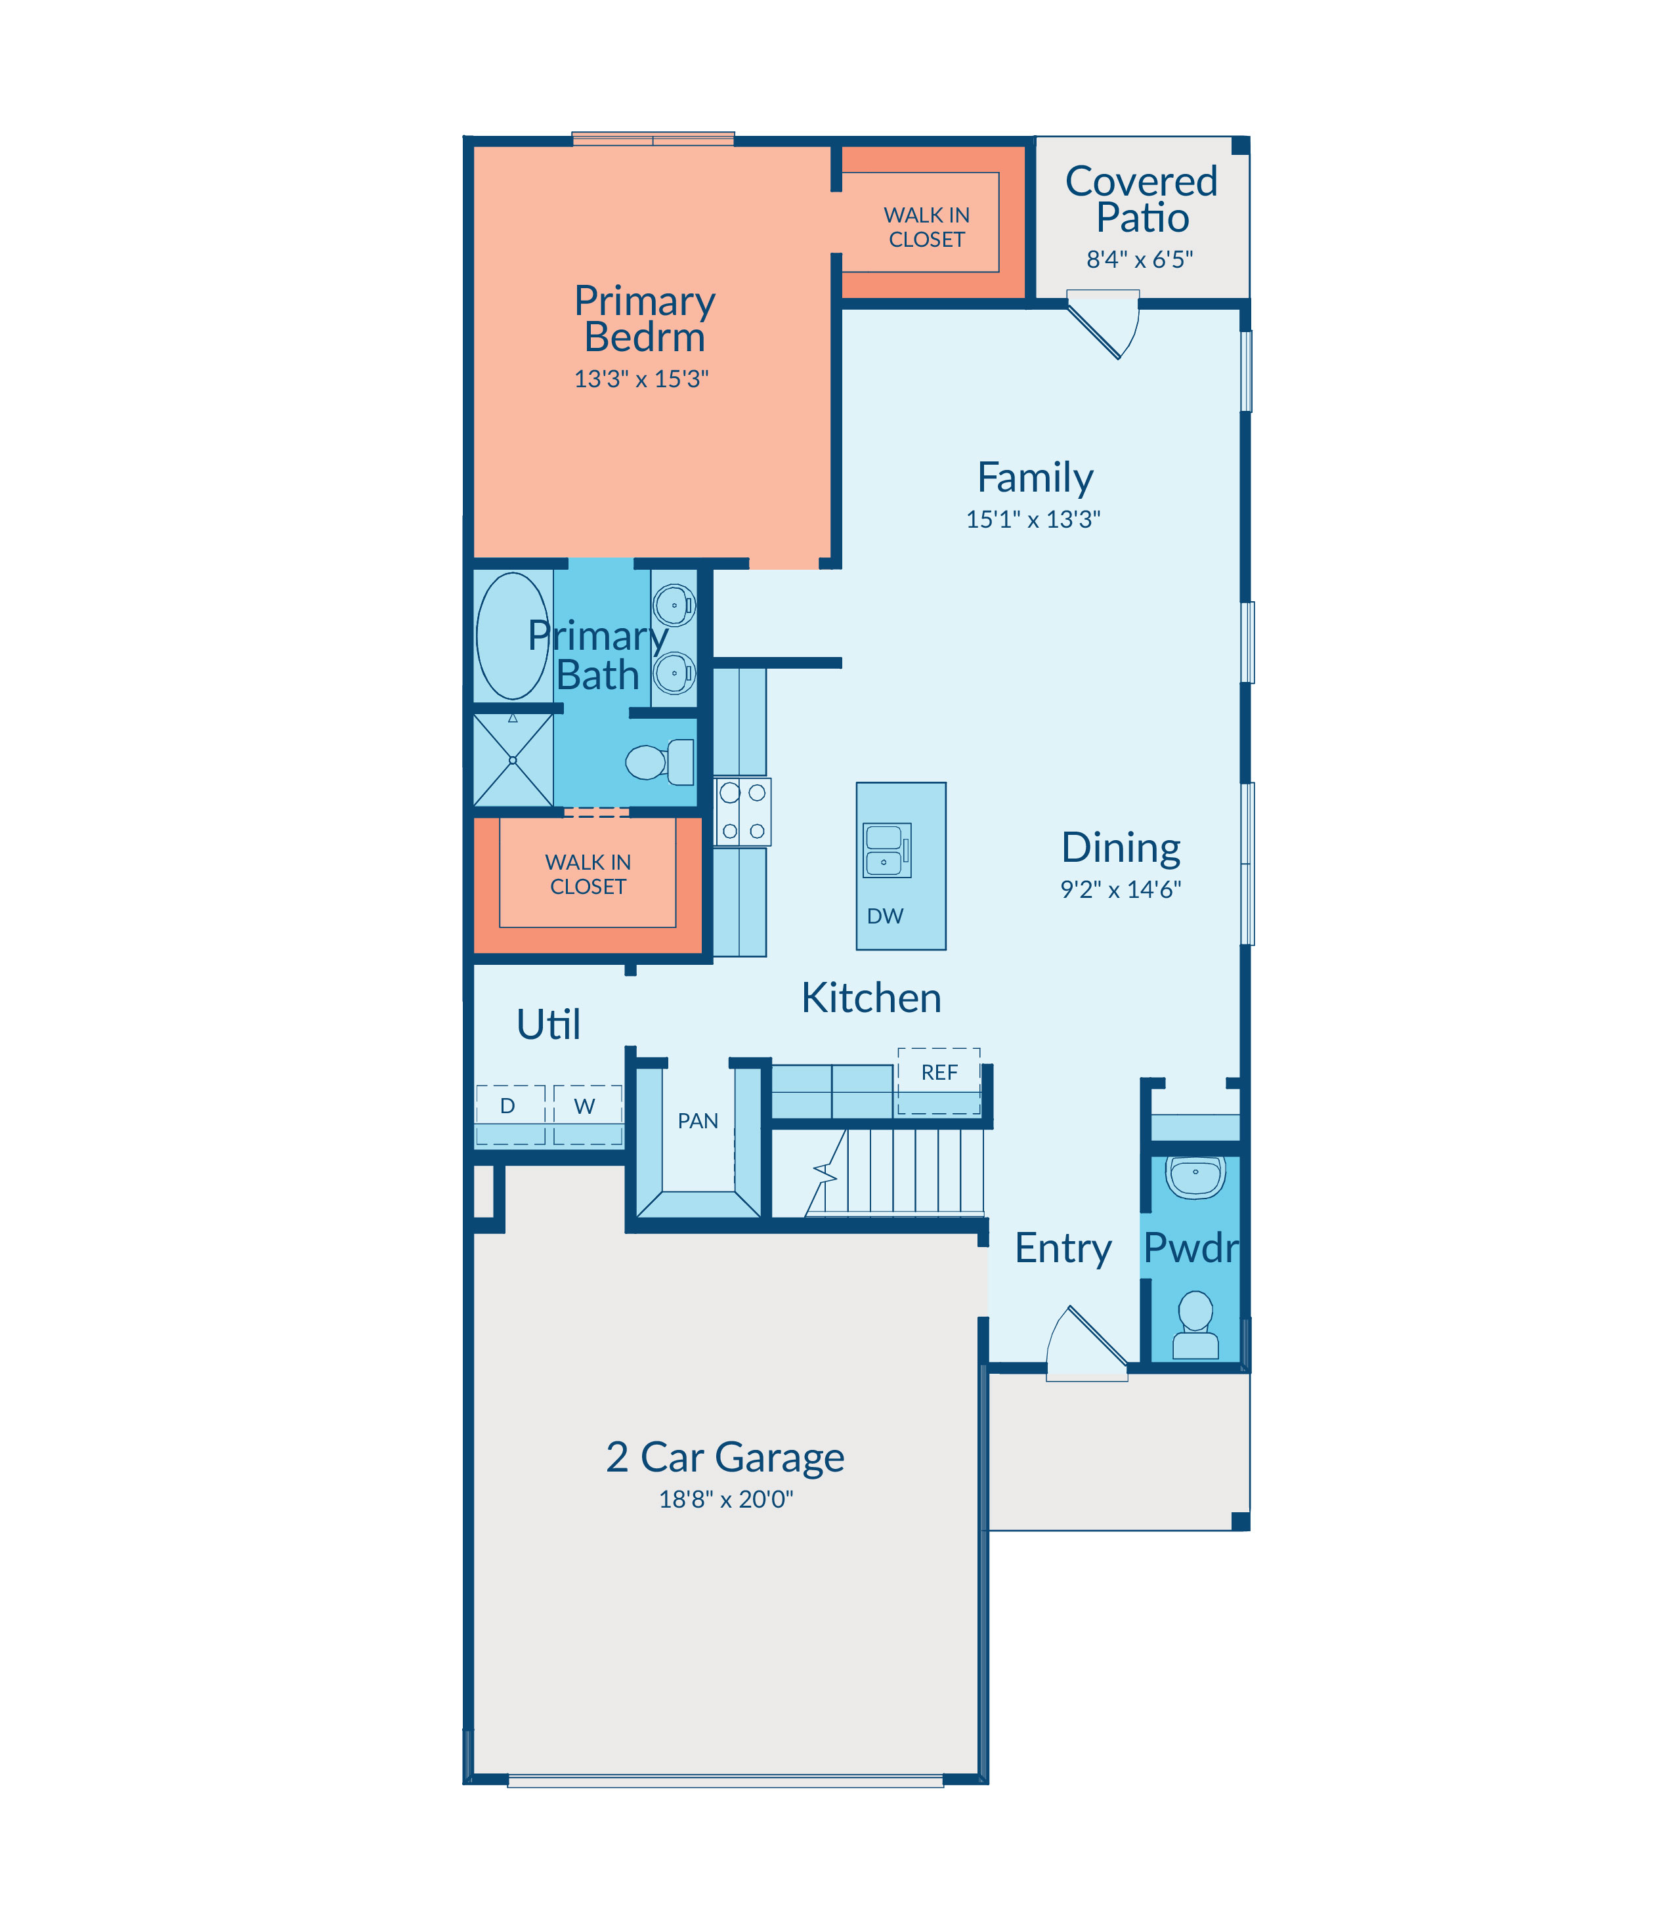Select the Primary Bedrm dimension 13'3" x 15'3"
pos(642,378)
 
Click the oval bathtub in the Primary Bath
pos(513,636)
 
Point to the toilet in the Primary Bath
pos(660,761)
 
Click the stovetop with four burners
pos(742,812)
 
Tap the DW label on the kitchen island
pos(885,916)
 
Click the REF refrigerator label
pos(940,1072)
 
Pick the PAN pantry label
pos(698,1121)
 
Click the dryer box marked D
pos(510,1114)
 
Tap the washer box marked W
pos(588,1114)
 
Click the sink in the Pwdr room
pos(1195,1177)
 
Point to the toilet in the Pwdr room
pos(1195,1325)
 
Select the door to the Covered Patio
pos(1104,323)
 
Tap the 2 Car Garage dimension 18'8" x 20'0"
pos(726,1499)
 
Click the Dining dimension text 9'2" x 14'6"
pos(1120,889)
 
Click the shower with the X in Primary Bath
pos(513,759)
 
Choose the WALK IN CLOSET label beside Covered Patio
pos(927,227)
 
